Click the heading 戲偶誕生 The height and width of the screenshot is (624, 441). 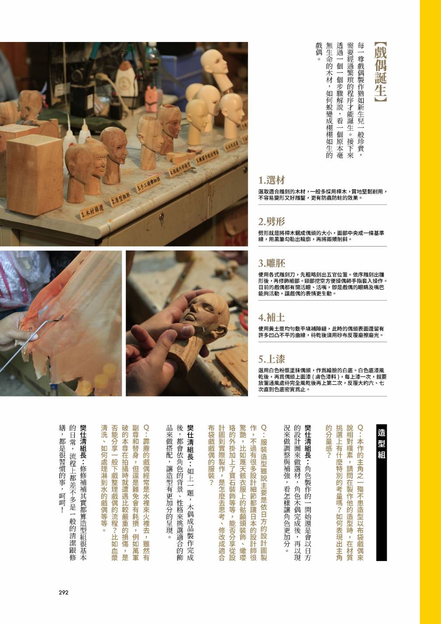point(380,72)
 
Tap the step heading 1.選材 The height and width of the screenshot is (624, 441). point(272,180)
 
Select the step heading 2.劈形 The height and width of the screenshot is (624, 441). point(272,222)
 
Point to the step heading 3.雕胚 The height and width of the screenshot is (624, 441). point(272,263)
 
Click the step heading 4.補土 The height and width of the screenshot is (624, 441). point(272,317)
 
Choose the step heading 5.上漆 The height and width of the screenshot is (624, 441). point(272,359)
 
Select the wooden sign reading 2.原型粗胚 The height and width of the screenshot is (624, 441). point(120,199)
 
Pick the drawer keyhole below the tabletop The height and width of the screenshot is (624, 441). point(161,215)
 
